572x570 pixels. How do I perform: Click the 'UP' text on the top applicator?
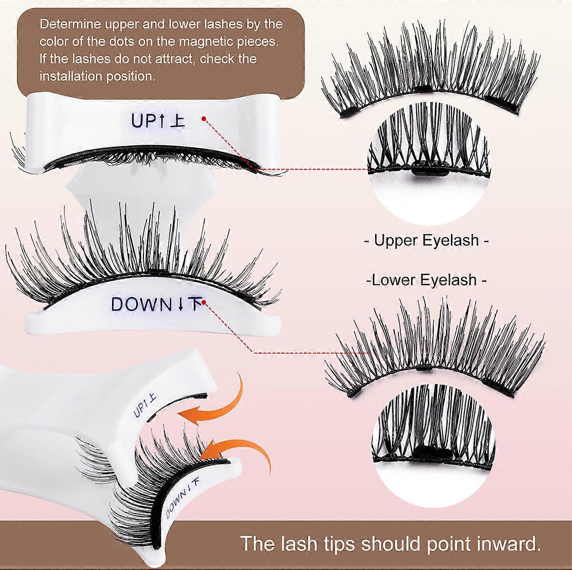coord(142,121)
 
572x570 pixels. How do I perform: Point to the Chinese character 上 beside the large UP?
coord(177,121)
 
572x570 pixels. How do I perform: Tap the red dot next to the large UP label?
coord(204,119)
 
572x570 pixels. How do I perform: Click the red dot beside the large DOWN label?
coord(204,302)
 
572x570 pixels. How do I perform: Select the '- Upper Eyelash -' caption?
coord(426,240)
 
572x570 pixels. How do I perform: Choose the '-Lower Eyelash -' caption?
coord(426,280)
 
